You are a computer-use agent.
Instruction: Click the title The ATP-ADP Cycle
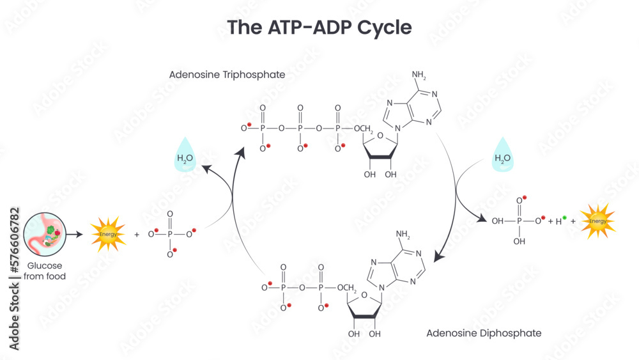point(319,27)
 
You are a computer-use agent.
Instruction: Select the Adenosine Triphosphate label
point(227,75)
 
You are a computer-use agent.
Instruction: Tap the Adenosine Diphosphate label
point(484,333)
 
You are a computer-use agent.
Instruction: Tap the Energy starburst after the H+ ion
point(597,221)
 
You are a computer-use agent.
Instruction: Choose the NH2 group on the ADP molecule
point(403,234)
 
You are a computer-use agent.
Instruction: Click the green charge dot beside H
point(564,218)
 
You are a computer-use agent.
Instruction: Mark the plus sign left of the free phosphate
point(136,235)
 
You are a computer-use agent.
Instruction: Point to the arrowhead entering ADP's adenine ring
point(438,257)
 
